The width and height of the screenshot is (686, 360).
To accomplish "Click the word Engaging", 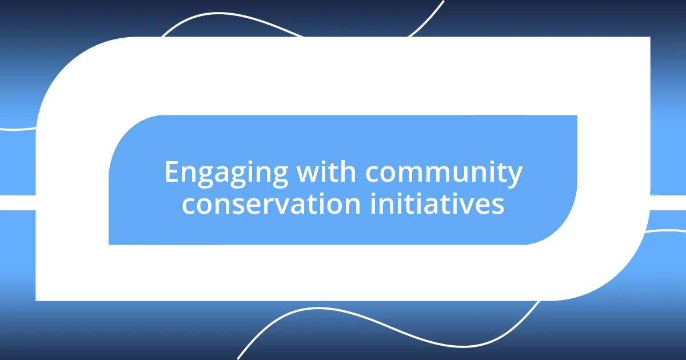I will [225, 173].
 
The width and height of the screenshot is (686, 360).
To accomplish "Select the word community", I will [444, 173].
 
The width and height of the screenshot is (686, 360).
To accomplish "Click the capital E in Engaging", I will [171, 172].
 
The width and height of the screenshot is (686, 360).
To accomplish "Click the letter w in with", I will [306, 173].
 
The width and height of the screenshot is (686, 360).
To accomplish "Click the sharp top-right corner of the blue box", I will [576, 116].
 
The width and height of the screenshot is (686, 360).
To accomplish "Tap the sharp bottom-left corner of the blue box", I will [110, 244].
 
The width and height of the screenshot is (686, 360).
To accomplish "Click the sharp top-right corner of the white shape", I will [649, 38].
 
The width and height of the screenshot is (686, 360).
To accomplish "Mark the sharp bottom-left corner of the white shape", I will [37, 299].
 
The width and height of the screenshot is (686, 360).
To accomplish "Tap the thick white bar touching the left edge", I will [17, 202].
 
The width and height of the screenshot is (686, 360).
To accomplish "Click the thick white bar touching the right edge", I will [669, 202].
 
